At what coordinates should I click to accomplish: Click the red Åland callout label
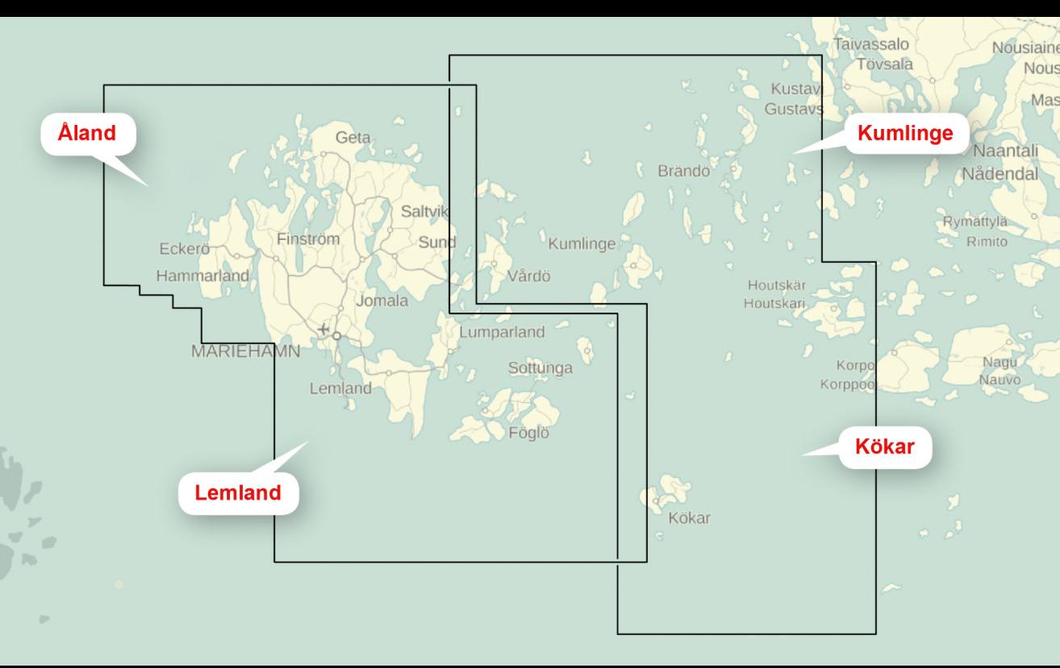87,133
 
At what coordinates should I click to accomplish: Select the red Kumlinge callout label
905,134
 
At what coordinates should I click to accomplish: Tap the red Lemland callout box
238,492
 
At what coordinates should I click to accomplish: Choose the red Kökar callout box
885,446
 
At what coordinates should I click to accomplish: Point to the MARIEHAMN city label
245,351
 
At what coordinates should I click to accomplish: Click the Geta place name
353,138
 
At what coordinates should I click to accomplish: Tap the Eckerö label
184,249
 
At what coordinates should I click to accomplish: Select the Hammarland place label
202,276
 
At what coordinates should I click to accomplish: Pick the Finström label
308,239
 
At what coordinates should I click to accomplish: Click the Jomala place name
382,301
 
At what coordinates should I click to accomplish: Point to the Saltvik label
424,212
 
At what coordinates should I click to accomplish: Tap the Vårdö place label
528,277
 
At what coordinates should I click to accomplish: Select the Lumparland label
502,332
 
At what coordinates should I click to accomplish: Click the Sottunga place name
540,368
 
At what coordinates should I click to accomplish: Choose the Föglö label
528,433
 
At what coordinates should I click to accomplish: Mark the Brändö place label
683,171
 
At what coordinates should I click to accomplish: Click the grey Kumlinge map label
582,244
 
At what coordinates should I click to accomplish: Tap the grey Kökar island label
689,518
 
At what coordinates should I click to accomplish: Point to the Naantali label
1005,151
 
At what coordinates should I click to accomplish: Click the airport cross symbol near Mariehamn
323,329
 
